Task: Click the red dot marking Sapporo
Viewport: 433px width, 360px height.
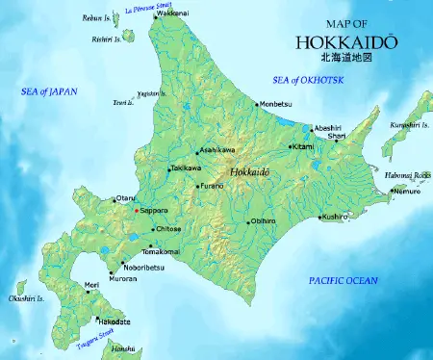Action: [x=139, y=209]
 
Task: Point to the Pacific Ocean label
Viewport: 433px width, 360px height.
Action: [x=344, y=280]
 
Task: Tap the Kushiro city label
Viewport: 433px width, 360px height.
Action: [x=336, y=218]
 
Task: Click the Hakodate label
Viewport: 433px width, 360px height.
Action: [x=115, y=322]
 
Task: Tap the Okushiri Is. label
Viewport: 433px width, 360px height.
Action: [x=23, y=299]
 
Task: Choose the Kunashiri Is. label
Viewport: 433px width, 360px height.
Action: [x=411, y=125]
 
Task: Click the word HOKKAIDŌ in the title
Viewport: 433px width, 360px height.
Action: [x=334, y=42]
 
